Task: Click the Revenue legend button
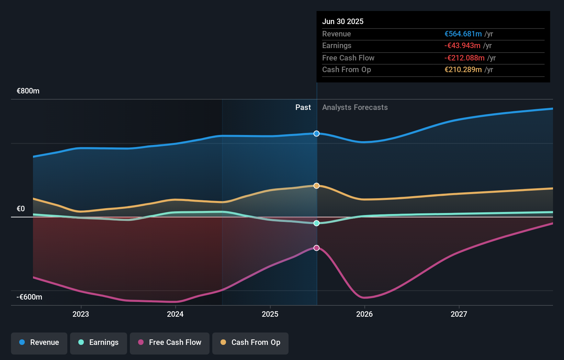(x=39, y=342)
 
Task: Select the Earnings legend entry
(x=99, y=342)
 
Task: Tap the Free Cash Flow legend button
(x=170, y=342)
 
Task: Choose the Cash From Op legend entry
(x=250, y=342)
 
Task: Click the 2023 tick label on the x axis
(x=81, y=314)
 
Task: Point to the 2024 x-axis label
(x=175, y=314)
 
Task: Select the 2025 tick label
(x=270, y=314)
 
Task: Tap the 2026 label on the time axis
(x=364, y=314)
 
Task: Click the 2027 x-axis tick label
(x=459, y=314)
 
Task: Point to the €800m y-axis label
(x=28, y=91)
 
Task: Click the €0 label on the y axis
(x=21, y=209)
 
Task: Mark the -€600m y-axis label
(x=30, y=297)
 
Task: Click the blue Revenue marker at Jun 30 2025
(x=317, y=134)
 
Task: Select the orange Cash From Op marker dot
(x=317, y=186)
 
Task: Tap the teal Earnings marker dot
(x=317, y=223)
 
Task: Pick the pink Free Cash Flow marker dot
(x=317, y=248)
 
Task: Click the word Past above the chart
(x=303, y=108)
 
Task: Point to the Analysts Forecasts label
(x=355, y=108)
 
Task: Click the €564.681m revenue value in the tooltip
(x=463, y=34)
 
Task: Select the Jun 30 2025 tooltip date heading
(x=343, y=22)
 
